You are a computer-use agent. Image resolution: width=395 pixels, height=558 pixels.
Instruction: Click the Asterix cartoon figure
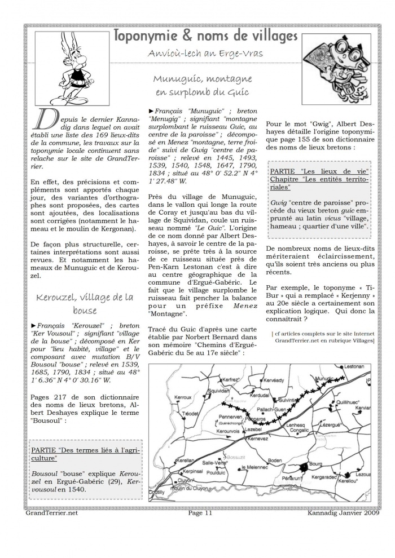(72, 65)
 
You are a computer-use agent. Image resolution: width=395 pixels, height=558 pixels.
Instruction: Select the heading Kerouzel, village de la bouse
(85, 303)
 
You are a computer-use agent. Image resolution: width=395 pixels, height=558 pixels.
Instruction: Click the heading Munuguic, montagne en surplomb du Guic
(203, 86)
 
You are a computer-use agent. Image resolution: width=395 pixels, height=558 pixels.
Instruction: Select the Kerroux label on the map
(184, 397)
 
